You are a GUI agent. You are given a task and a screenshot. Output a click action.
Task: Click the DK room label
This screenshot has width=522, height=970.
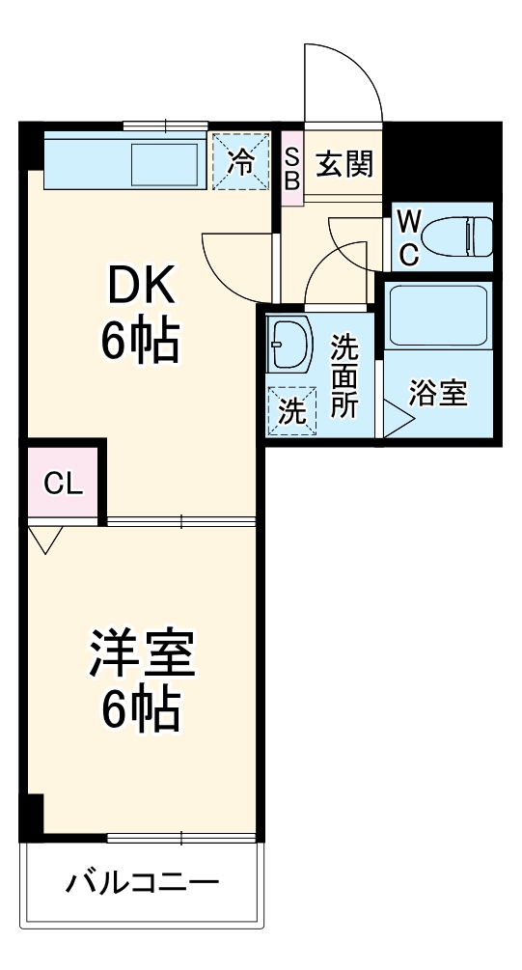pyautogui.click(x=140, y=287)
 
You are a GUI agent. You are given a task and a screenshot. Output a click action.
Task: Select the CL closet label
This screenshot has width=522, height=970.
pyautogui.click(x=63, y=485)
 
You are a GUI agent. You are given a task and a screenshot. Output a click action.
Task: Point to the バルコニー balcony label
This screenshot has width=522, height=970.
pyautogui.click(x=143, y=881)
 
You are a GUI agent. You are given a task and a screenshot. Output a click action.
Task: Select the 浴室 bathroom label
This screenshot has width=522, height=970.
pyautogui.click(x=438, y=393)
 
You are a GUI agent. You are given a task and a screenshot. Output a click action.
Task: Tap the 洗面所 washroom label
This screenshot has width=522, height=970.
pyautogui.click(x=344, y=376)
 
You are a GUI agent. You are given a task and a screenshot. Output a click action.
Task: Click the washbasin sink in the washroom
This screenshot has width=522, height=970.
pyautogui.click(x=289, y=345)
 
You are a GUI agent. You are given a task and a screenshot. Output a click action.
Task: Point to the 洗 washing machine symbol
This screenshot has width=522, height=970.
pyautogui.click(x=291, y=410)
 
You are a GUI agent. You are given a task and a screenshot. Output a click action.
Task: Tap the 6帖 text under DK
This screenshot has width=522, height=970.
pyautogui.click(x=140, y=340)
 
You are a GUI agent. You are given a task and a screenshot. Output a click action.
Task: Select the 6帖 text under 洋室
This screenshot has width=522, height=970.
pyautogui.click(x=142, y=711)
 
